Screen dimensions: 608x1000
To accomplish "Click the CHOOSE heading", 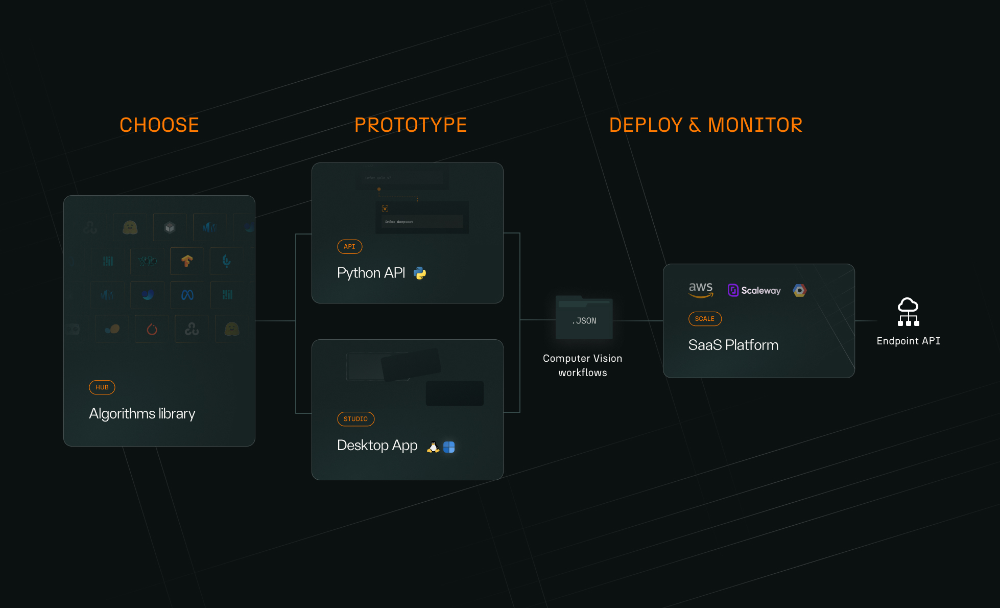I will click(x=159, y=125).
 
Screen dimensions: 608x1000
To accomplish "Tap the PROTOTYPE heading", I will click(x=411, y=125).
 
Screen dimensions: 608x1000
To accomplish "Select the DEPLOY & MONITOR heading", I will click(x=705, y=125).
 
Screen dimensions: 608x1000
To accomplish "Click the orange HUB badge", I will click(x=102, y=387).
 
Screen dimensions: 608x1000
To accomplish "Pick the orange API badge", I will click(x=349, y=247).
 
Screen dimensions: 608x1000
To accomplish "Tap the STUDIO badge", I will click(x=355, y=419).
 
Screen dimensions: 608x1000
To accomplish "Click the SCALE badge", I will click(x=704, y=319).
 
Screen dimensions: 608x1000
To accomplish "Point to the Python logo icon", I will click(x=420, y=273).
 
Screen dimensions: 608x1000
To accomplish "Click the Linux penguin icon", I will click(x=433, y=447).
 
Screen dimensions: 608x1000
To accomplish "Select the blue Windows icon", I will click(x=449, y=447).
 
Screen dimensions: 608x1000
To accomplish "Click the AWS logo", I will click(x=701, y=290).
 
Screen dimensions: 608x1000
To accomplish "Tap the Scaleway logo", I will click(x=754, y=290).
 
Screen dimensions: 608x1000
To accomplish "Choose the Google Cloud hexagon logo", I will click(x=800, y=290).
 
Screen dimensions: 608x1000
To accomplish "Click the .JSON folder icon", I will click(x=584, y=318).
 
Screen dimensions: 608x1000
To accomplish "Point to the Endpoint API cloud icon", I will click(x=908, y=312).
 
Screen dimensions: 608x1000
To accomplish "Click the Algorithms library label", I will click(x=142, y=413).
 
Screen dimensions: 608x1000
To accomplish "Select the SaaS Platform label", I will click(x=733, y=345).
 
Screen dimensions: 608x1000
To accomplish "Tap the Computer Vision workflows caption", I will click(x=583, y=365).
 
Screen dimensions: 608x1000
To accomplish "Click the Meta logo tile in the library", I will click(x=187, y=295).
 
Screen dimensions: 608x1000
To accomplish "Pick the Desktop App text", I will click(x=377, y=446).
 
